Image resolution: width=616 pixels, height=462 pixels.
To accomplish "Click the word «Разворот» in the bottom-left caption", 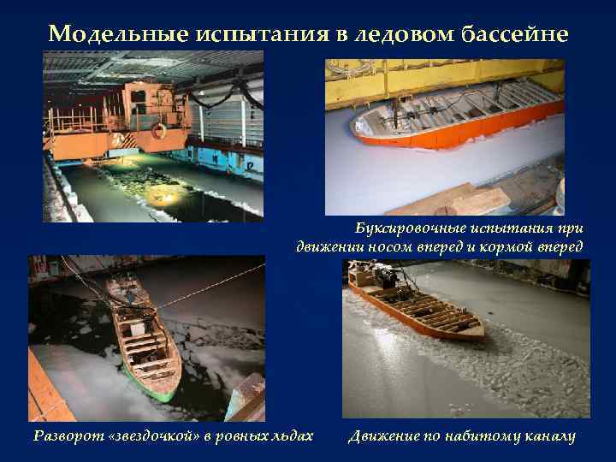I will click(x=67, y=436).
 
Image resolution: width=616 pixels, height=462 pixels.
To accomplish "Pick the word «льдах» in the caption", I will click(x=288, y=436).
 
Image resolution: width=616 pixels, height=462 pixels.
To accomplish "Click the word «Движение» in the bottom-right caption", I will click(x=383, y=436).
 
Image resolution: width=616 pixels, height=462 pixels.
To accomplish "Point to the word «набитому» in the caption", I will click(x=479, y=436).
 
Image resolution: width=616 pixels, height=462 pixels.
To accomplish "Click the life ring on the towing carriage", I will click(x=157, y=131).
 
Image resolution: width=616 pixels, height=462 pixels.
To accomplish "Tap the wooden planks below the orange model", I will click(x=462, y=201).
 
